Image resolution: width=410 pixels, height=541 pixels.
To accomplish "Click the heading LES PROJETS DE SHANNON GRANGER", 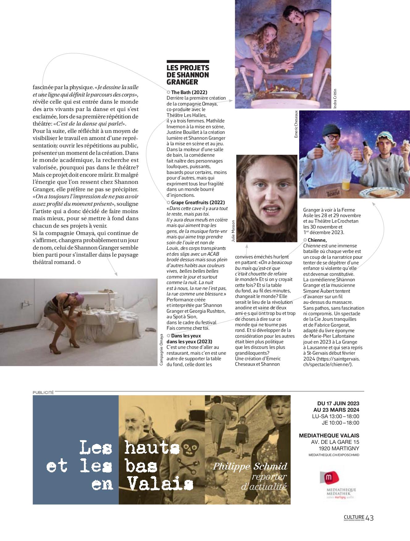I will coord(188,75).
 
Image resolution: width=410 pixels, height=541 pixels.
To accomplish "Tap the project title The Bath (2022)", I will coord(189,92).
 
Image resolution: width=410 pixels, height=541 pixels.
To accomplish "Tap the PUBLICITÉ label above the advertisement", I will coord(43,392).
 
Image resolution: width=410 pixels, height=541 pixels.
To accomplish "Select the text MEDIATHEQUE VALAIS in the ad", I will coord(329,436).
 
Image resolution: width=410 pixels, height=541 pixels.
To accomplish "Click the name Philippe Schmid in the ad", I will coord(250,466).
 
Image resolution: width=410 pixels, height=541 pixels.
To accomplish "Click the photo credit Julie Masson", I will coord(233,231).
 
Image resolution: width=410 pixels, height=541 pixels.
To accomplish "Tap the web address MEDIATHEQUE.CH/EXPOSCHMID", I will coord(334,455).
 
